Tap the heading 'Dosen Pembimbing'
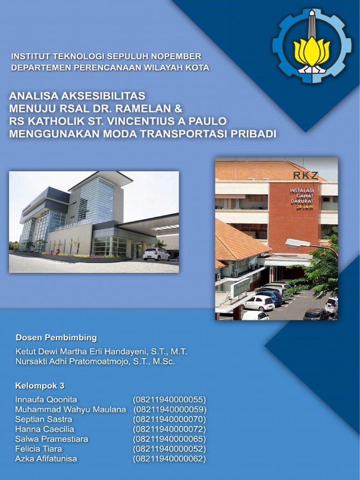coord(56,337)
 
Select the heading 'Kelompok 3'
coord(40,386)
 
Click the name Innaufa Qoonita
coord(46,400)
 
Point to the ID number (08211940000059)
coord(170,410)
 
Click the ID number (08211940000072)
coord(170,429)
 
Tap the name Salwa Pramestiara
coord(52,439)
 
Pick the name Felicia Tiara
coord(38,449)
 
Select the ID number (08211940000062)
coord(170,459)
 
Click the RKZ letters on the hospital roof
coord(305,175)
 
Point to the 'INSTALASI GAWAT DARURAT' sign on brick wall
coord(301,198)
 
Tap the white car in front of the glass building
coord(157,254)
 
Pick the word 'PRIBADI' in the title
coord(252,134)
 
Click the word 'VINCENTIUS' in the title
coord(149,121)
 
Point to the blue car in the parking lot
coord(270,297)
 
